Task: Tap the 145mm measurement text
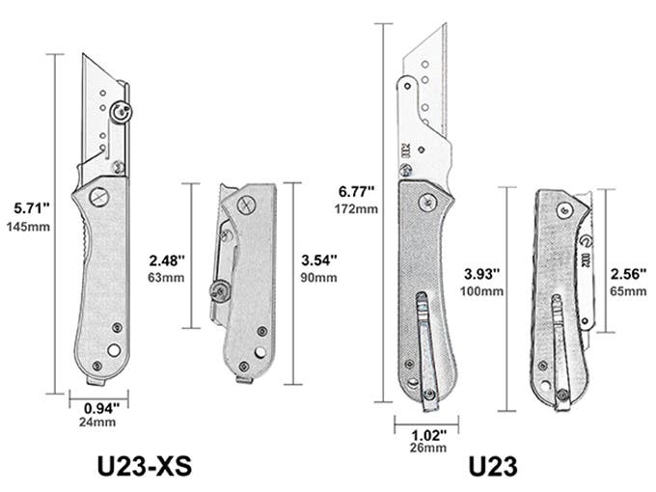(x=28, y=227)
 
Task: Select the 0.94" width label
(x=101, y=408)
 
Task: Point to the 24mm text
(x=97, y=423)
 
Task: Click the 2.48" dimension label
(x=167, y=261)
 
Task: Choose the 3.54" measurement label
(x=319, y=260)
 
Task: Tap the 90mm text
(x=318, y=278)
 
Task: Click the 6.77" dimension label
(x=356, y=192)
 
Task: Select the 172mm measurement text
(x=356, y=208)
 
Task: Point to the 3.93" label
(x=482, y=274)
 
